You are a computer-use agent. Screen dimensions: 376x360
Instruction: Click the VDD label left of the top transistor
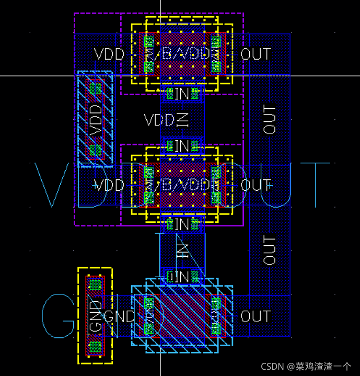(x=109, y=54)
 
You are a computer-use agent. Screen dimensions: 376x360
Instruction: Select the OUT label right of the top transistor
(x=256, y=54)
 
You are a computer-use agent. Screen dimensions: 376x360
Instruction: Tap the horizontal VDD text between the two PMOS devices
(x=158, y=120)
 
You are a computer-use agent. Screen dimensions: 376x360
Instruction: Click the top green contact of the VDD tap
(x=95, y=88)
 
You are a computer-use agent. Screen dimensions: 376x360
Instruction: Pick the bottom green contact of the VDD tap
(x=95, y=151)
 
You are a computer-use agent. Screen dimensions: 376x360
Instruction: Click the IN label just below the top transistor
(x=181, y=94)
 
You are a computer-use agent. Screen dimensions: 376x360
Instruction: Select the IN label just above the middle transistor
(x=181, y=146)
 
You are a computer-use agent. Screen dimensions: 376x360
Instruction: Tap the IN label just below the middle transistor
(x=181, y=225)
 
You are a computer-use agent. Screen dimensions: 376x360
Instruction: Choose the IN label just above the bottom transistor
(x=181, y=277)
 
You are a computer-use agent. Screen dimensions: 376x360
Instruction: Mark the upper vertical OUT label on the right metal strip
(x=270, y=120)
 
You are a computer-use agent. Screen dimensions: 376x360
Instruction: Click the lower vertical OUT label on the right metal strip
(x=270, y=250)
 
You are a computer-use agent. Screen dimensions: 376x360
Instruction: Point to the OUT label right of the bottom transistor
(x=256, y=316)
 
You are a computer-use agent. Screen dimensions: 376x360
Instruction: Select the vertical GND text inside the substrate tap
(x=96, y=316)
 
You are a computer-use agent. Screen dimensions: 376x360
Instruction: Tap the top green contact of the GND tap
(x=95, y=285)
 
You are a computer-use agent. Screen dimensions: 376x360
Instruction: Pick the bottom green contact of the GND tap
(x=95, y=347)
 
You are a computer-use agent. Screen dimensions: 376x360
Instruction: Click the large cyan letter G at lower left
(x=59, y=316)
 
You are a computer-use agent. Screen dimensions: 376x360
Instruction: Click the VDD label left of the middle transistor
(x=109, y=185)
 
